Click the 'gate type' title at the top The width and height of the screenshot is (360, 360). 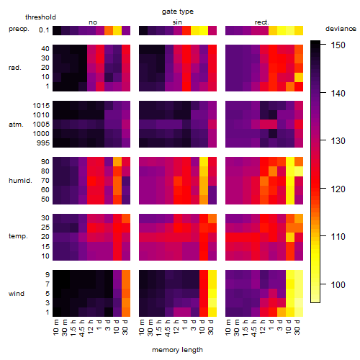point(178,12)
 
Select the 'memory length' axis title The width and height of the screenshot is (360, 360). point(177,350)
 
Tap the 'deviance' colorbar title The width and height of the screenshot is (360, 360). point(341,29)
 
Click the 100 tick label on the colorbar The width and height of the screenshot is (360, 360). point(338,285)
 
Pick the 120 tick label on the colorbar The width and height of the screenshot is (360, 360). point(338,189)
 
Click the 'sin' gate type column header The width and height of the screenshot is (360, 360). point(177,22)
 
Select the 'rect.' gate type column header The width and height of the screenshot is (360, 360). point(262,22)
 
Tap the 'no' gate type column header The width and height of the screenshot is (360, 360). point(93,22)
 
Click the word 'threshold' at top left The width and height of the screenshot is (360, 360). point(40,17)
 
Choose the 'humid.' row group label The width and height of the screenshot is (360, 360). point(20,181)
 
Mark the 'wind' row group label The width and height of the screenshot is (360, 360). point(17,294)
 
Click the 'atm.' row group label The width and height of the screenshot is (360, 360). point(16,125)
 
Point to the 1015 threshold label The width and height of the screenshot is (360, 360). point(41,106)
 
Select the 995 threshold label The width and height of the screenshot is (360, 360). point(43,143)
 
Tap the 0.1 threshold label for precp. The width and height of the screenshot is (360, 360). point(44,30)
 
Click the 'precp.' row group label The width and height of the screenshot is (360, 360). point(19,29)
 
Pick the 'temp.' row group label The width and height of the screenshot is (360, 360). point(18,236)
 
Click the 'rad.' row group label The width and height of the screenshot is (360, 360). point(15,68)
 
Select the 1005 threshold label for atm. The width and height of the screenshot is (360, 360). point(41,125)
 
